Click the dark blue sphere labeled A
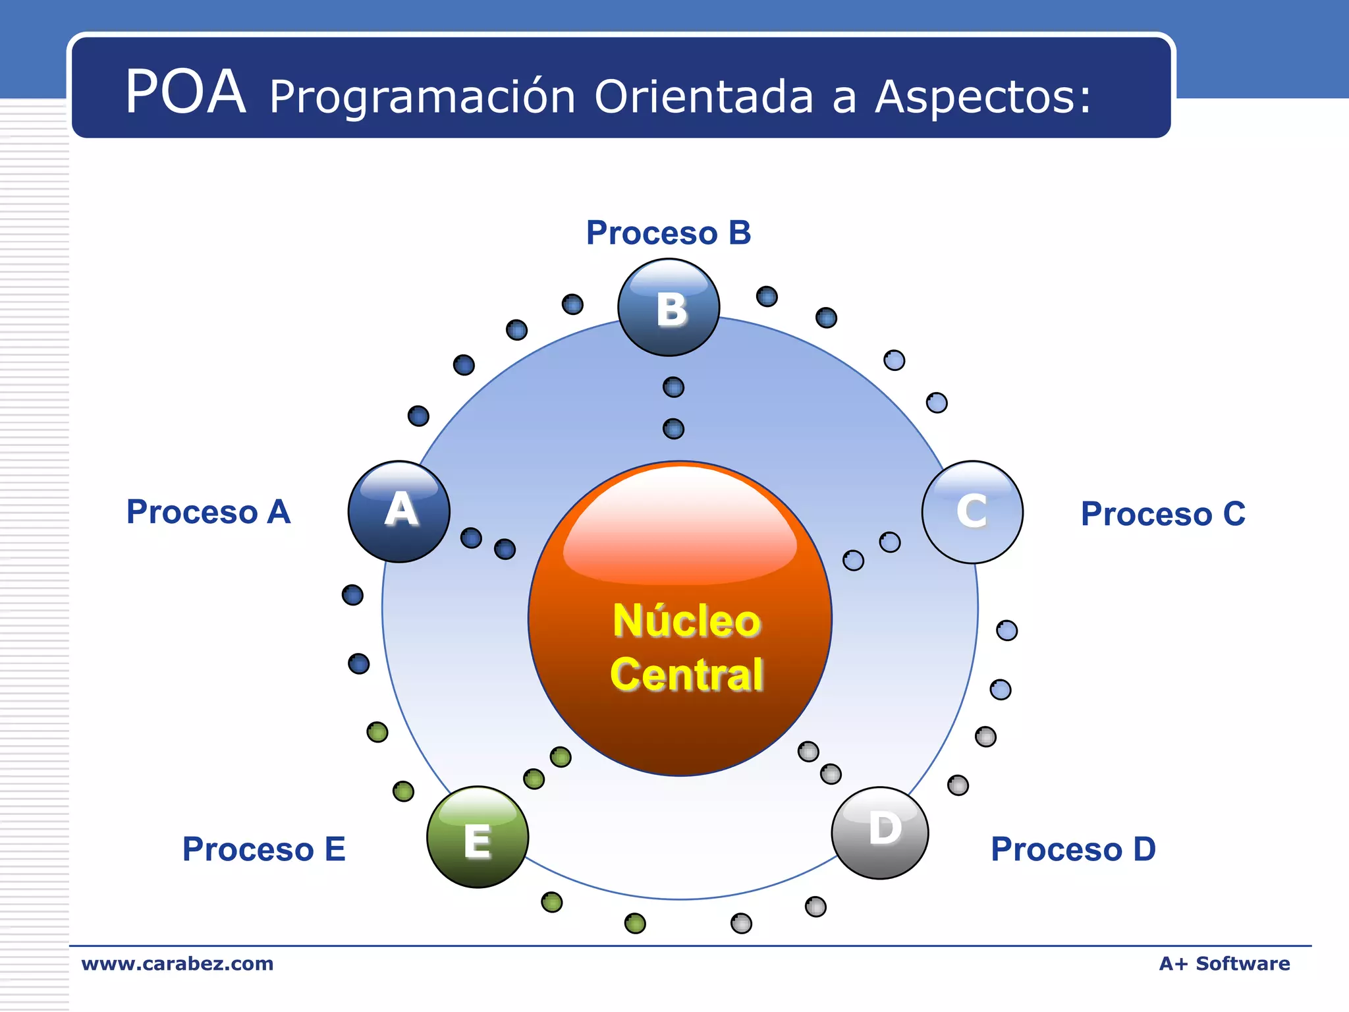(399, 512)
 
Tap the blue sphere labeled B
(669, 308)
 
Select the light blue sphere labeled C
(972, 512)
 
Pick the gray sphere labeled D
(880, 833)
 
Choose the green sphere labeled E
(478, 837)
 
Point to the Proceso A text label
(208, 512)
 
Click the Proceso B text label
(669, 233)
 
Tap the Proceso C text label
(1163, 514)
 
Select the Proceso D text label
(1073, 849)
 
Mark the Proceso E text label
(263, 849)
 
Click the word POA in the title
(186, 92)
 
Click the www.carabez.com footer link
(177, 963)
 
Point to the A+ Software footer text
(1224, 963)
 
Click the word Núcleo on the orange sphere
(686, 621)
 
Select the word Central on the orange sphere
(686, 674)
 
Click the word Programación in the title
(422, 98)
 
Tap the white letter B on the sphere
(671, 309)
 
